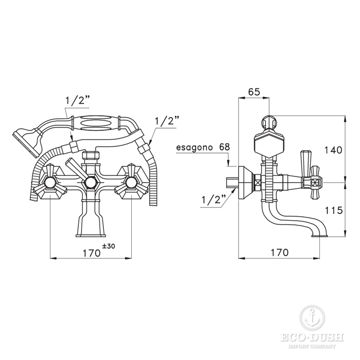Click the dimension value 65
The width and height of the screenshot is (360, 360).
(254, 92)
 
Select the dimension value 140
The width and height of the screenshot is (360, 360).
(333, 150)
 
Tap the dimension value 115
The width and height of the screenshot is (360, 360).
(334, 210)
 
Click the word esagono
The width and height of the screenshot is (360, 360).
(194, 148)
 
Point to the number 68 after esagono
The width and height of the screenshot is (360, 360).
(224, 147)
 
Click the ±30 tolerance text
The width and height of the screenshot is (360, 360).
(109, 246)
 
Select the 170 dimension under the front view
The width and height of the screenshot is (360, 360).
(92, 253)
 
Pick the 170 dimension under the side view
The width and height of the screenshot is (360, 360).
(279, 253)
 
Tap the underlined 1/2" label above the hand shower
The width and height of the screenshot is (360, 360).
(77, 101)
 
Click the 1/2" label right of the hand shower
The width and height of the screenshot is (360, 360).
(167, 121)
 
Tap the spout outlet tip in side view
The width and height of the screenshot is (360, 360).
(319, 235)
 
